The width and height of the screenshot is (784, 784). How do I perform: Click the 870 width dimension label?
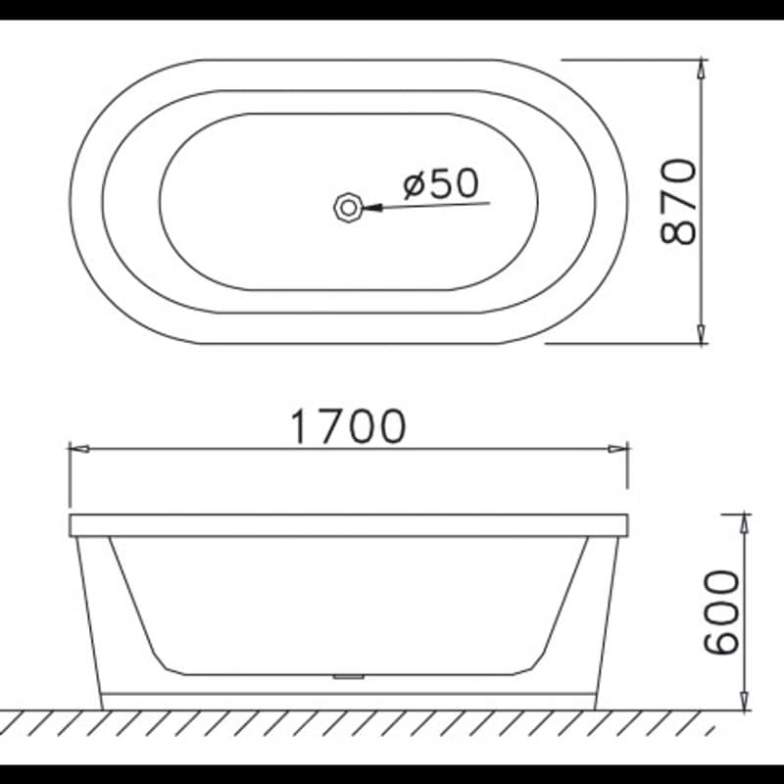[678, 202]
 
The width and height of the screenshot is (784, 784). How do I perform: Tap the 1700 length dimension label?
[349, 426]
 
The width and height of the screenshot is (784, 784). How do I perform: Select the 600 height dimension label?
[721, 612]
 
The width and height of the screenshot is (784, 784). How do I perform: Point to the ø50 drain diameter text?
[441, 183]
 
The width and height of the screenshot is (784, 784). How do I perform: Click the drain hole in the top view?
[348, 207]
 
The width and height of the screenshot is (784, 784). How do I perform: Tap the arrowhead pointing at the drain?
[372, 208]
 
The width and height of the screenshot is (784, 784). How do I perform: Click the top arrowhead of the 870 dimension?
[702, 69]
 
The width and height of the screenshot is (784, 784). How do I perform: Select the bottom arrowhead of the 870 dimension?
[702, 334]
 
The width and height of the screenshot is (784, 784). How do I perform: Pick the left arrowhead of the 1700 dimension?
[79, 449]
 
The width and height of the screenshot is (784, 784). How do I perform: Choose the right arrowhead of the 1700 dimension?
[618, 449]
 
